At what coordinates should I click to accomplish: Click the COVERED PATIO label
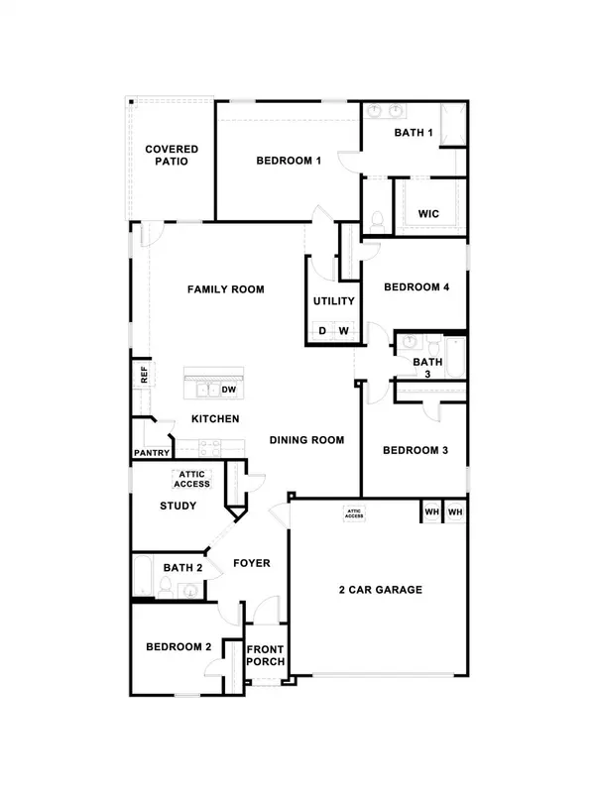click(172, 156)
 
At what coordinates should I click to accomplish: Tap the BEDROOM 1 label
click(289, 161)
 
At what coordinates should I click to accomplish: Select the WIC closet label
click(428, 213)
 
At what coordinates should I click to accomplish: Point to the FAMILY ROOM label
click(226, 289)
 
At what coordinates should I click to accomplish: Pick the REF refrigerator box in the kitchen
click(144, 374)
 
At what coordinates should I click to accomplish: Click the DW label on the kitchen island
click(228, 390)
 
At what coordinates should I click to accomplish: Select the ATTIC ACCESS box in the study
click(191, 480)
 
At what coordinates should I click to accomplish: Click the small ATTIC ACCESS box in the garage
click(354, 513)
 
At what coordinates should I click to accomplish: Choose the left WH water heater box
click(431, 511)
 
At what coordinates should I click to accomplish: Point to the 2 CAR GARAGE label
click(381, 590)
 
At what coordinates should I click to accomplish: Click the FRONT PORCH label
click(266, 656)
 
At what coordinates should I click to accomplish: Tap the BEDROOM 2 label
click(179, 646)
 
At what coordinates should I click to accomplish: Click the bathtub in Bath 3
click(455, 359)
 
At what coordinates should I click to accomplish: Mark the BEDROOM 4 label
click(416, 287)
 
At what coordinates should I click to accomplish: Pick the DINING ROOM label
click(306, 439)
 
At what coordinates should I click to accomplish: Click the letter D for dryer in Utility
click(321, 332)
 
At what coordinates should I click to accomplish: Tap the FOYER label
click(252, 563)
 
